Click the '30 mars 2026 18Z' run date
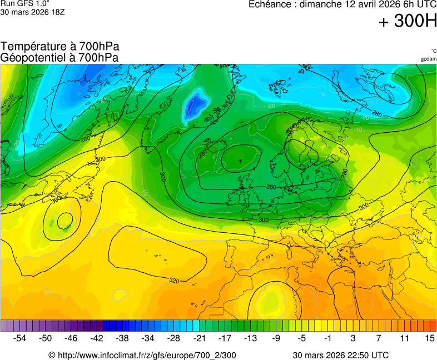pyautogui.click(x=33, y=12)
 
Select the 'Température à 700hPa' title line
pyautogui.click(x=60, y=47)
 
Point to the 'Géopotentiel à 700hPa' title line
pyautogui.click(x=59, y=57)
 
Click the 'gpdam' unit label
pyautogui.click(x=428, y=58)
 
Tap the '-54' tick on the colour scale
pyautogui.click(x=20, y=338)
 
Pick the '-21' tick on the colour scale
pyautogui.click(x=200, y=338)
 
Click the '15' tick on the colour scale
pyautogui.click(x=429, y=338)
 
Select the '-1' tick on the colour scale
pyautogui.click(x=328, y=338)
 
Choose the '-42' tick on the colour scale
pyautogui.click(x=97, y=338)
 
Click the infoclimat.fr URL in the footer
pyautogui.click(x=142, y=355)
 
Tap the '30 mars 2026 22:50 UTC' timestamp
pyautogui.click(x=341, y=355)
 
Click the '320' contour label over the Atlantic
pyautogui.click(x=174, y=281)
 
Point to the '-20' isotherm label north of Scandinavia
pyautogui.click(x=271, y=106)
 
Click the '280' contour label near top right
pyautogui.click(x=376, y=114)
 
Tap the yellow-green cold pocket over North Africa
pyautogui.click(x=271, y=303)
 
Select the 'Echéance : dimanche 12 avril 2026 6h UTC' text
pyautogui.click(x=342, y=4)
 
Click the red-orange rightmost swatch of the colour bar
pyautogui.click(x=433, y=325)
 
